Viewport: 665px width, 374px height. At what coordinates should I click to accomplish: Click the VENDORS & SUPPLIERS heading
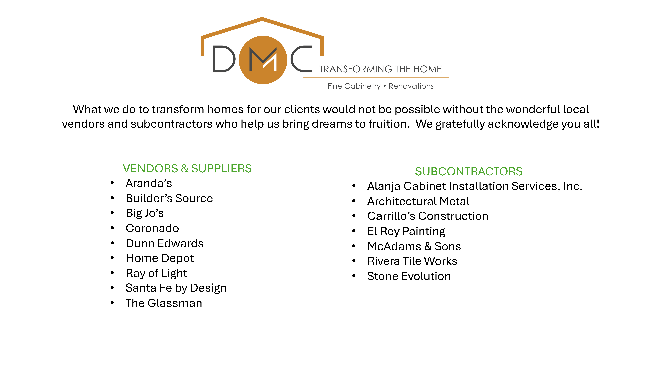187,169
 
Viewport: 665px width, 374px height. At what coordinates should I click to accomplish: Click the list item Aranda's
149,183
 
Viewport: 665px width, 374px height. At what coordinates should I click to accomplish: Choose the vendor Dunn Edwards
165,243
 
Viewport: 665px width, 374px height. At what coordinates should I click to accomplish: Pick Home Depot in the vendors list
160,258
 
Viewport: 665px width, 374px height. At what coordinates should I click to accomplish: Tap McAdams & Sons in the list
414,246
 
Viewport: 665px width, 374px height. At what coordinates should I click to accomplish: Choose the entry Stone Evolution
409,276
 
